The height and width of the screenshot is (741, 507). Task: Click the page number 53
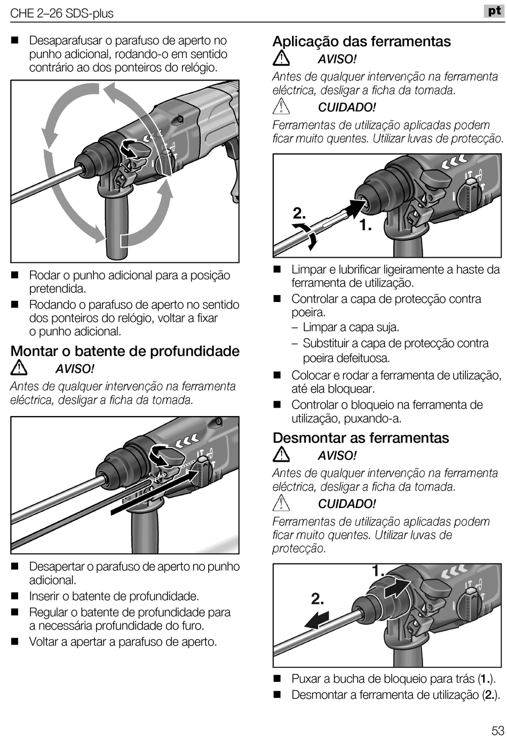pos(497,730)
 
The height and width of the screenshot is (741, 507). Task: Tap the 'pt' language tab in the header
pos(494,11)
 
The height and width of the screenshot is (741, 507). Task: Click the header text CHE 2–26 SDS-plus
pos(62,13)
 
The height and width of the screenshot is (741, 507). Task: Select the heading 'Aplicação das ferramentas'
pos(361,42)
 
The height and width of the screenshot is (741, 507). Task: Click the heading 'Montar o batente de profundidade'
pos(125,351)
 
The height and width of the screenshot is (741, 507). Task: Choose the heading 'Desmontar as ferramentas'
pos(361,438)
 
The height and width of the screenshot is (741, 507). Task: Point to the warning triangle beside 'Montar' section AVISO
pos(19,368)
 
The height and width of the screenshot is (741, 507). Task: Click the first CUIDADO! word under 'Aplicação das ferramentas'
pos(347,107)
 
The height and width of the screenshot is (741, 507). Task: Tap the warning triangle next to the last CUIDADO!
pos(281,503)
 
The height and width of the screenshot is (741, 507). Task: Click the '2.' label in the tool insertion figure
pos(299,214)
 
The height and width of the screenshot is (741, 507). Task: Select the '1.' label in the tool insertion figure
pos(365,226)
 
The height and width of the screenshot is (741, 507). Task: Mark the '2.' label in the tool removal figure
pos(318,599)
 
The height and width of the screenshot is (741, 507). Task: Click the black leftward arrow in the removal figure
pos(316,620)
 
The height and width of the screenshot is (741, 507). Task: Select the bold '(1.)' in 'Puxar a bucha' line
pos(485,679)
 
